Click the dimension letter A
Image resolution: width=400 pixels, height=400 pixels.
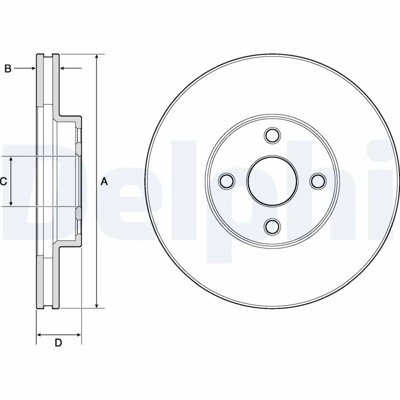(104, 181)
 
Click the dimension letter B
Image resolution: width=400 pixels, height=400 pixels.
(7, 68)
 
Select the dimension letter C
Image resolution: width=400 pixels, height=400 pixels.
(3, 181)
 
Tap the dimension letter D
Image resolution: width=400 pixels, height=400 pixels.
(58, 343)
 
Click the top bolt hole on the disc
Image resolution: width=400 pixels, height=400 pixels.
(272, 135)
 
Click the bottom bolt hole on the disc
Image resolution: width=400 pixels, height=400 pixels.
(272, 226)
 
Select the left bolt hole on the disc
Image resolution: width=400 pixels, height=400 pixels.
(226, 181)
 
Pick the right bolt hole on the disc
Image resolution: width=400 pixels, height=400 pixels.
(317, 181)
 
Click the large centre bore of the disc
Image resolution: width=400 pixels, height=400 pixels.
(272, 181)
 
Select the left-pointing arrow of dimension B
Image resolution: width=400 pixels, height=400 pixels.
(64, 68)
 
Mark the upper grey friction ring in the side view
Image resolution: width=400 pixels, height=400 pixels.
(39, 80)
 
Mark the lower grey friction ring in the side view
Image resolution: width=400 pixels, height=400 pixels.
(39, 282)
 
